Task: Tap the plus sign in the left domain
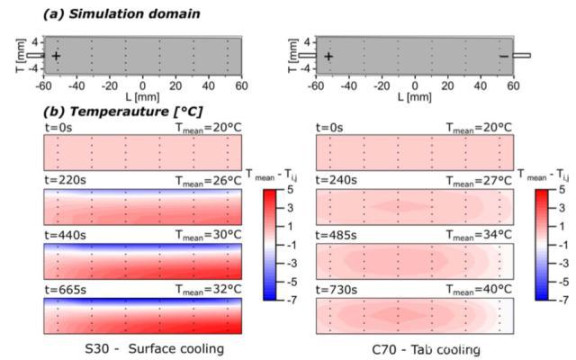[57, 56]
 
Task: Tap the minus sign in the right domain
[503, 56]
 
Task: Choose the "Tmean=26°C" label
[207, 181]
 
